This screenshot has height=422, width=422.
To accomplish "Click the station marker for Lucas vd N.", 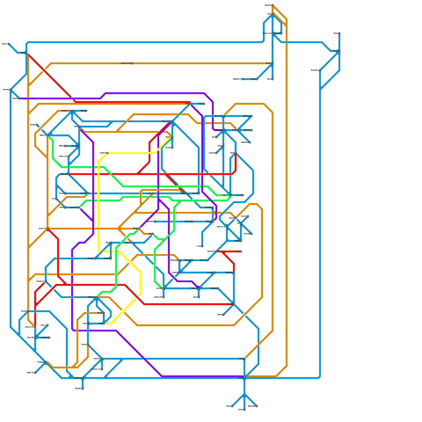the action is click(x=132, y=63).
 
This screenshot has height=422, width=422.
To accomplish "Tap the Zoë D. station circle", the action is click(x=272, y=63).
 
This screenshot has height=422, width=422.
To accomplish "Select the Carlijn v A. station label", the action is click(x=66, y=111).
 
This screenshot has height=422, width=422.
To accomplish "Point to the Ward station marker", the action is click(x=86, y=111).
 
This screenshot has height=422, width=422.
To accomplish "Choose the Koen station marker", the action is click(x=204, y=104).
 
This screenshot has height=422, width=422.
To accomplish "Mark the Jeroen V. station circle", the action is click(x=223, y=116).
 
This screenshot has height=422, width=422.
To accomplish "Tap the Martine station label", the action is click(x=247, y=130).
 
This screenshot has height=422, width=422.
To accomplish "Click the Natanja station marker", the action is click(x=69, y=174).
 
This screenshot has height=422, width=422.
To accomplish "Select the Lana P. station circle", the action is click(x=107, y=153).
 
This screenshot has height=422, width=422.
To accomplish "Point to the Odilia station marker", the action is click(x=139, y=228).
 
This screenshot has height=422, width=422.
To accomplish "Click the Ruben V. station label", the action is click(x=92, y=297).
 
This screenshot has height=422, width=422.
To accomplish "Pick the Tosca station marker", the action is click(x=244, y=378).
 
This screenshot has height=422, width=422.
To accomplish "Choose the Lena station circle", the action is click(x=244, y=359).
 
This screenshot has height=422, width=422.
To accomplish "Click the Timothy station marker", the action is click(x=218, y=288).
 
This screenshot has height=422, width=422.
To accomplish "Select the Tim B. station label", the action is click(x=238, y=195).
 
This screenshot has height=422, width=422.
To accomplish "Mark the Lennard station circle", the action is click(x=49, y=338).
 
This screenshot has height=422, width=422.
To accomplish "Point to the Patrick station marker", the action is click(x=281, y=33).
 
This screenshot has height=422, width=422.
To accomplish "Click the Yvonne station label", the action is click(x=187, y=222).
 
